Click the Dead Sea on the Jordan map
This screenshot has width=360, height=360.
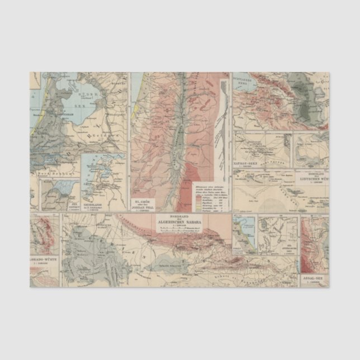point(176,161)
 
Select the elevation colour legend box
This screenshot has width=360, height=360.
point(211,196)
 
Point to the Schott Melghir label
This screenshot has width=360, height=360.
point(170,266)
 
